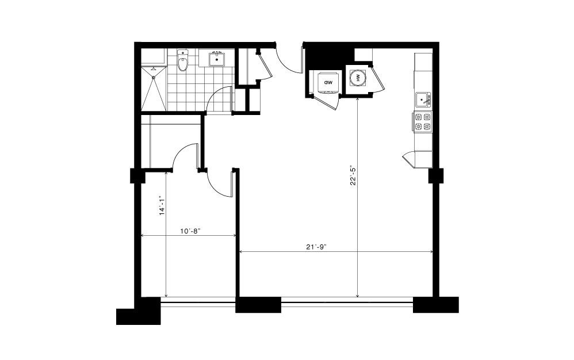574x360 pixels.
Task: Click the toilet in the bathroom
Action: [x=182, y=60]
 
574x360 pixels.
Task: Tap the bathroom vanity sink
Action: [x=216, y=59]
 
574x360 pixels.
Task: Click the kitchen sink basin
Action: [x=422, y=99]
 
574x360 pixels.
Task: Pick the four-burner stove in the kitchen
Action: [x=422, y=122]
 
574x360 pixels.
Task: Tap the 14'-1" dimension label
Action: [x=162, y=206]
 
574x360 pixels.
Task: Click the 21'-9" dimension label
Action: [x=316, y=247]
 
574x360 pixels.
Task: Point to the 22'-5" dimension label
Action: [x=353, y=177]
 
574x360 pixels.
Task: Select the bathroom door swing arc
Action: [x=218, y=97]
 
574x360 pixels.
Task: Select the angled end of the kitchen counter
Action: [x=408, y=159]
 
